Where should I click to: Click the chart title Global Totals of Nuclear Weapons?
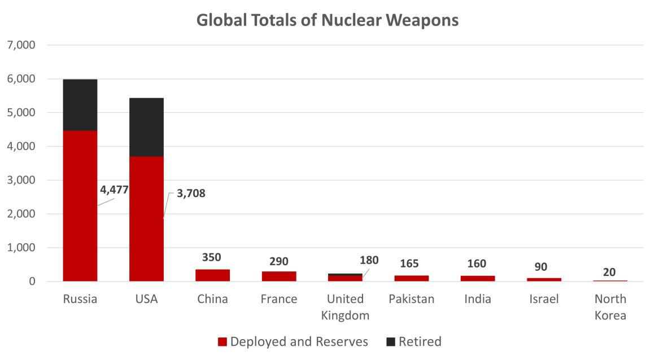pos(327,20)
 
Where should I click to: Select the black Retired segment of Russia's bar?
pos(80,105)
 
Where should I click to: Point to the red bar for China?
pos(212,275)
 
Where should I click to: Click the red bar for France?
pos(279,276)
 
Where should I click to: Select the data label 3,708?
pos(191,194)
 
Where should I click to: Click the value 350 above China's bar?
pos(212,258)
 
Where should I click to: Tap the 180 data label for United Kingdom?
pos(369,260)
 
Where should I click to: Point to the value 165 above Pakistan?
pos(412,263)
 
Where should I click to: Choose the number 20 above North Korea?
pos(610,272)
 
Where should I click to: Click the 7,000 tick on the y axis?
pos(20,45)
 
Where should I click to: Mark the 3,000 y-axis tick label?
pos(20,181)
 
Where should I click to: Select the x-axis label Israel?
pos(544,299)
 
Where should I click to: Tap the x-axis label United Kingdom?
pos(345,307)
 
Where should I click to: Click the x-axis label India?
pos(478,299)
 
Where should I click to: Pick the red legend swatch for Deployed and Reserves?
pos(222,342)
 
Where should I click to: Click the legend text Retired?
pos(420,342)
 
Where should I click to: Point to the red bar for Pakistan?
pos(412,278)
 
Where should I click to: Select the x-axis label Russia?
pos(80,299)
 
